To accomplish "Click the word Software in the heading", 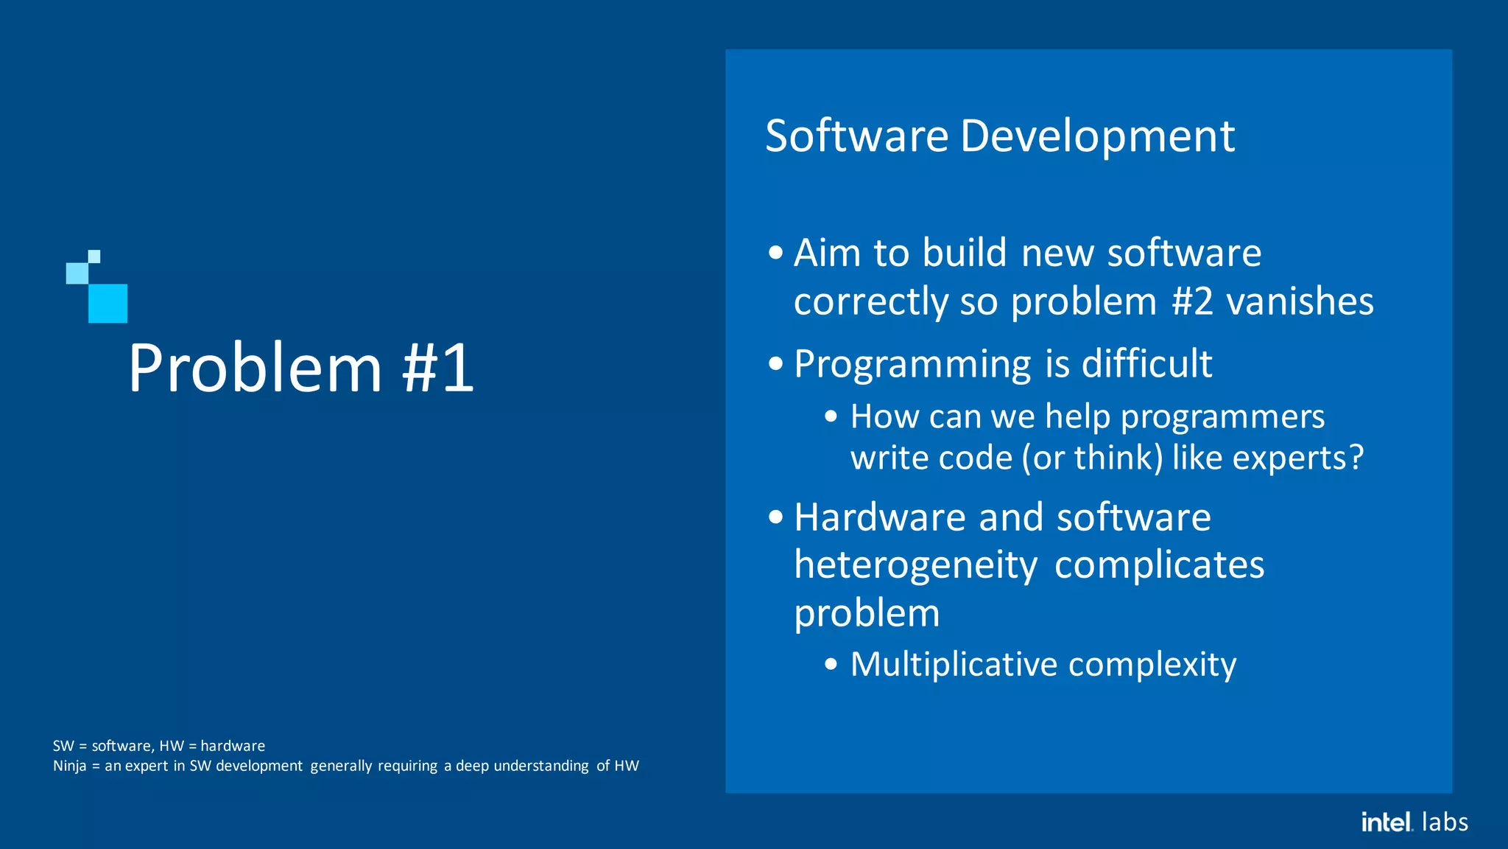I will (x=856, y=136).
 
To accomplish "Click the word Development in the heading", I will (x=1097, y=138).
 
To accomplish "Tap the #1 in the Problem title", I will (x=439, y=368).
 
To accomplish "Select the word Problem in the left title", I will (x=255, y=368).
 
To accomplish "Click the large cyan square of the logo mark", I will (x=108, y=304).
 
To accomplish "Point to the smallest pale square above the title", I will (x=94, y=256).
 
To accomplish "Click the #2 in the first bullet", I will (x=1192, y=301).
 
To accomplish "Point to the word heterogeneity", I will (x=915, y=566).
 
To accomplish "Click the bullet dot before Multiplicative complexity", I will (x=831, y=665).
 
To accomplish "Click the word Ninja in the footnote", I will (x=69, y=766).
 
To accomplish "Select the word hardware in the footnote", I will (x=233, y=746).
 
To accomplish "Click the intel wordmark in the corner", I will (x=1386, y=822).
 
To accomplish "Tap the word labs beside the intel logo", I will (x=1445, y=822).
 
